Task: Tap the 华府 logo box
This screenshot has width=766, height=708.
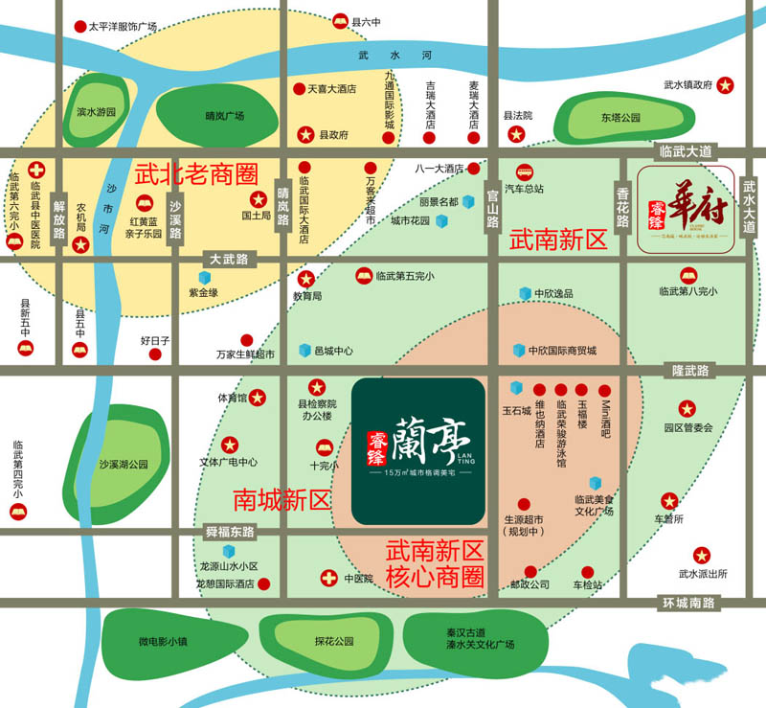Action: click(686, 209)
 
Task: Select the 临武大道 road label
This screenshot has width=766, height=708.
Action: click(687, 151)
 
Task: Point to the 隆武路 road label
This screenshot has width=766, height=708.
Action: click(690, 370)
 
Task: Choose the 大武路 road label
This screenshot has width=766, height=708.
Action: click(228, 259)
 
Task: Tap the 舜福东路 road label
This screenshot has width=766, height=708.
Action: click(230, 531)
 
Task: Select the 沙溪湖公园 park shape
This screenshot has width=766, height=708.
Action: click(124, 464)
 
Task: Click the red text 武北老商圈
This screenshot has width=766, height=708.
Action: click(196, 175)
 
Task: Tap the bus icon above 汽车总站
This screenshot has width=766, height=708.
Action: click(524, 171)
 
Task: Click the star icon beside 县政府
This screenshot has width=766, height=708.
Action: click(306, 135)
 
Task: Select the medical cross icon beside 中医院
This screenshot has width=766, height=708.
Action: click(328, 578)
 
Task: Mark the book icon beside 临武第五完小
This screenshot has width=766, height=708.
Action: click(364, 276)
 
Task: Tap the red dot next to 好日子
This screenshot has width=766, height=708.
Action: click(155, 354)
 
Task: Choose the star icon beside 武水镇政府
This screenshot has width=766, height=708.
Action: click(726, 85)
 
